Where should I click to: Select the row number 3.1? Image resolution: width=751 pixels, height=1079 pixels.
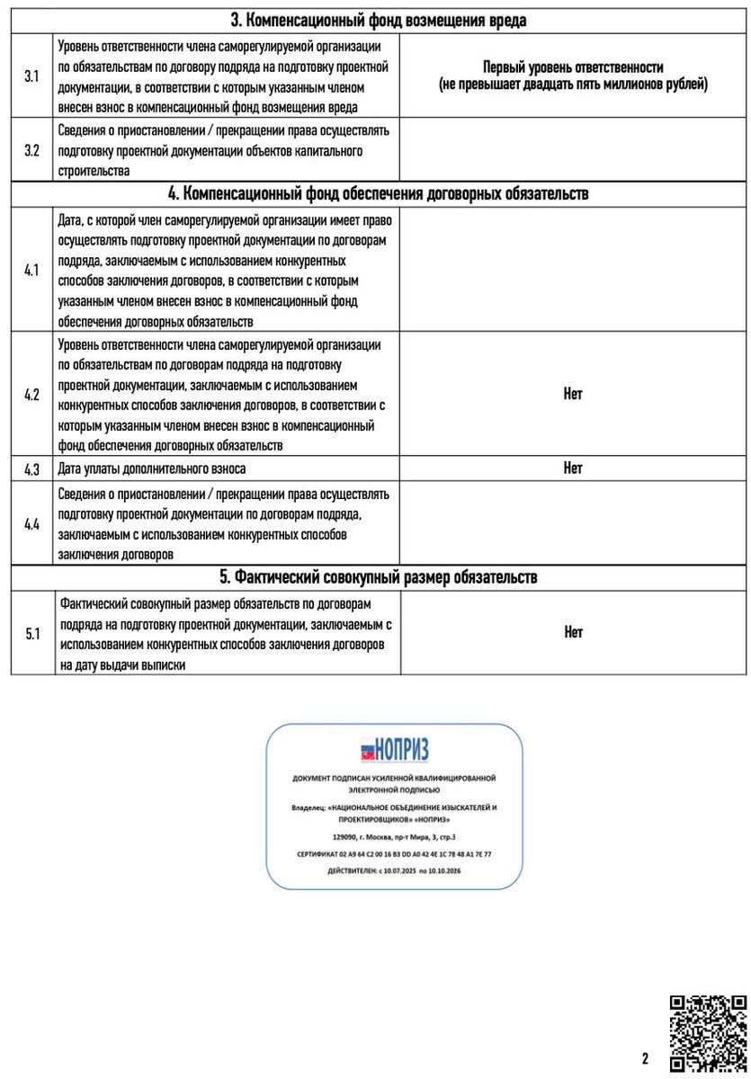(x=31, y=76)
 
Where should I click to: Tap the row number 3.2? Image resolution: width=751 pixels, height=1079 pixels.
(x=31, y=150)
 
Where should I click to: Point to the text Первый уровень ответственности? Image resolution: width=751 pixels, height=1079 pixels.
(x=573, y=67)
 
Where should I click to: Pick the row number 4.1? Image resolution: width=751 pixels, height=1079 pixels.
(x=31, y=270)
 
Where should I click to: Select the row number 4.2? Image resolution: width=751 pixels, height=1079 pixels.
(x=31, y=395)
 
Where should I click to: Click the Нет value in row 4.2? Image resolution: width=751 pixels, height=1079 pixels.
(x=573, y=395)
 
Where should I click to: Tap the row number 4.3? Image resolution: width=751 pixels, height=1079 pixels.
(x=31, y=468)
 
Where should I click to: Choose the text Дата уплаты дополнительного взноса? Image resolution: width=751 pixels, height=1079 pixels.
(x=152, y=468)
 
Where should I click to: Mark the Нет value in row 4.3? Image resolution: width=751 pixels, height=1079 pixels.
(x=573, y=468)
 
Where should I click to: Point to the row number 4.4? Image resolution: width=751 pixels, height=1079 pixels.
(x=31, y=524)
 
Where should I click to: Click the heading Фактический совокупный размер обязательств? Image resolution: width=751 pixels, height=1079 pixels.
(x=379, y=577)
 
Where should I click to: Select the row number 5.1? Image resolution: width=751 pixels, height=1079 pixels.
(x=31, y=633)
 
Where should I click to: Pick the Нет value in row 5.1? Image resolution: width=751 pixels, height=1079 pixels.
(x=573, y=633)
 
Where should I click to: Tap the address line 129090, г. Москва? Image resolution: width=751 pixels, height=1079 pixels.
(x=394, y=836)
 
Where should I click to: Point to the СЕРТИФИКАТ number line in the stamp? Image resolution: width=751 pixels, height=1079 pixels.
(x=394, y=853)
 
